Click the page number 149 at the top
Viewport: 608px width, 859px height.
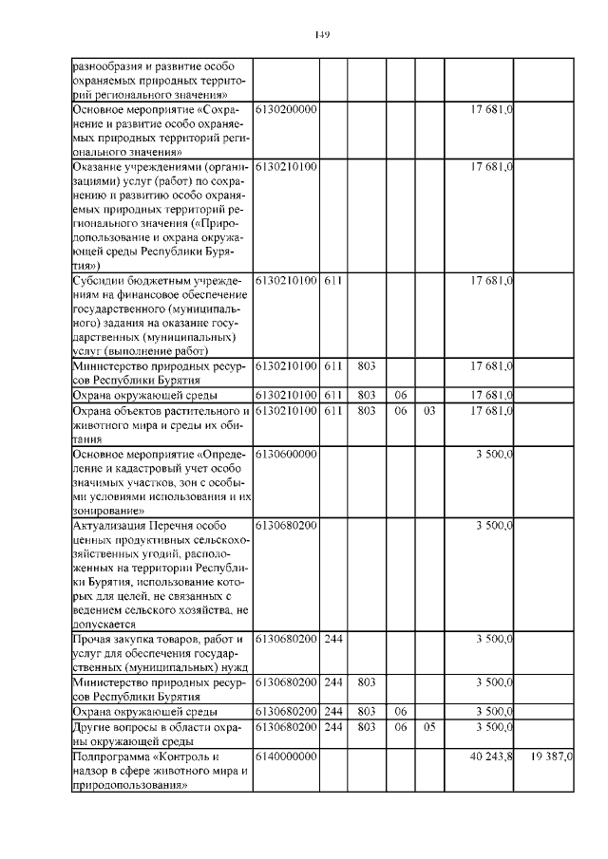[x=321, y=35]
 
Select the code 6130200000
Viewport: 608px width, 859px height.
[x=285, y=110]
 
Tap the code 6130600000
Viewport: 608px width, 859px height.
[x=285, y=454]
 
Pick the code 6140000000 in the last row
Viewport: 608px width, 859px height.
[x=285, y=757]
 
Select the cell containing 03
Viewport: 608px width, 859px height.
[x=429, y=412]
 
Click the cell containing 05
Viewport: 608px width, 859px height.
[x=429, y=727]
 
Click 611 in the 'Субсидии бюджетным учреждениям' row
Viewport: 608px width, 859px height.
[x=332, y=281]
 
